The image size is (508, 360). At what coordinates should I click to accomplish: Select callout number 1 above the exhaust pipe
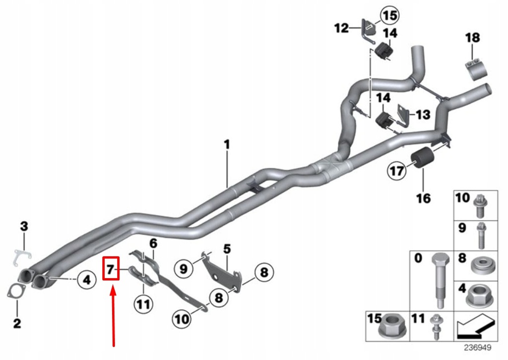point(227,145)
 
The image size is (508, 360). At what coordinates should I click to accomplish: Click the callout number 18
point(473,37)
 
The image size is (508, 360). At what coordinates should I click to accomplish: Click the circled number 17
point(397,172)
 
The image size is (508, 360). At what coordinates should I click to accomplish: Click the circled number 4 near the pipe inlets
point(86,280)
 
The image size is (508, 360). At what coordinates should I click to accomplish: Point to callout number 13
point(423,115)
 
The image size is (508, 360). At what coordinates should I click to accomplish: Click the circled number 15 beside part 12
point(390,16)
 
